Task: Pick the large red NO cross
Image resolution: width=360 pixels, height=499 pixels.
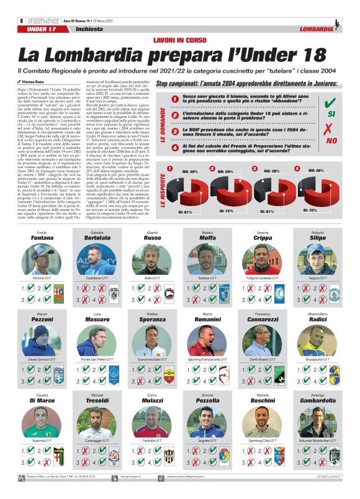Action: tap(330, 132)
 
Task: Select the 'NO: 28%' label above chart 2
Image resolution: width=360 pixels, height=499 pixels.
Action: tap(226, 171)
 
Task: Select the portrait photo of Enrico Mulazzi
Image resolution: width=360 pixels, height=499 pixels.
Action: tap(152, 422)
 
